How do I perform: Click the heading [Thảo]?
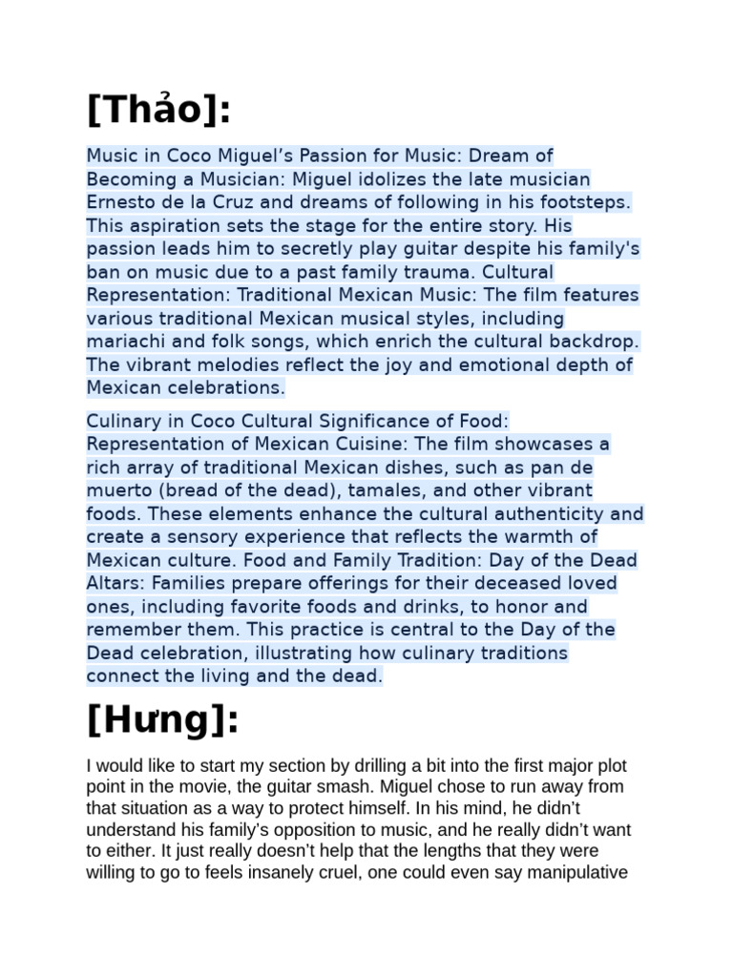click(x=158, y=112)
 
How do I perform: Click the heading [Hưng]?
click(x=162, y=720)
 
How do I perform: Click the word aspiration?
click(x=165, y=225)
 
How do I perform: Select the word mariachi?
click(x=125, y=341)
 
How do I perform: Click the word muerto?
click(x=116, y=490)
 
